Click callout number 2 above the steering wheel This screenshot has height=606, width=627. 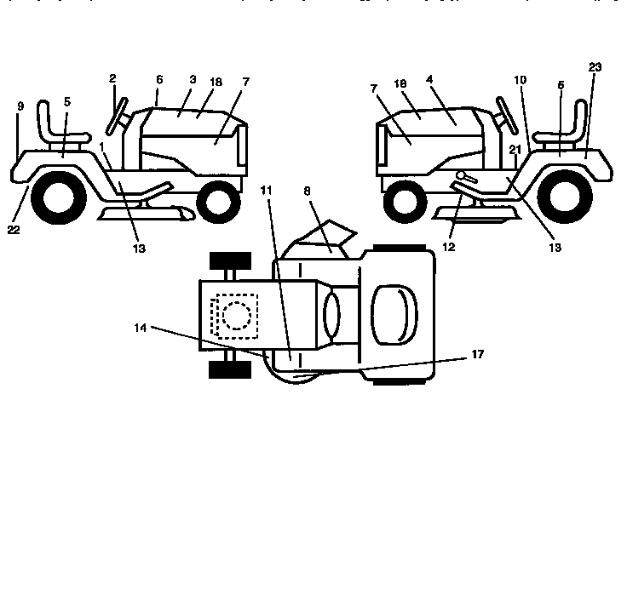click(112, 79)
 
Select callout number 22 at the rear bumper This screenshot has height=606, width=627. click(14, 229)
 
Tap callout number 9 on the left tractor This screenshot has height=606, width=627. click(19, 107)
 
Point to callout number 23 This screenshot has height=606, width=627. click(595, 67)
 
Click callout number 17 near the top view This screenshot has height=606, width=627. click(478, 354)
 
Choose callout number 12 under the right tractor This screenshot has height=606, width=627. click(449, 247)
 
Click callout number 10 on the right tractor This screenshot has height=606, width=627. click(521, 79)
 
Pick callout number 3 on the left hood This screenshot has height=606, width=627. click(193, 79)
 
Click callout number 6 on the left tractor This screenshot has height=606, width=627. click(158, 79)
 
